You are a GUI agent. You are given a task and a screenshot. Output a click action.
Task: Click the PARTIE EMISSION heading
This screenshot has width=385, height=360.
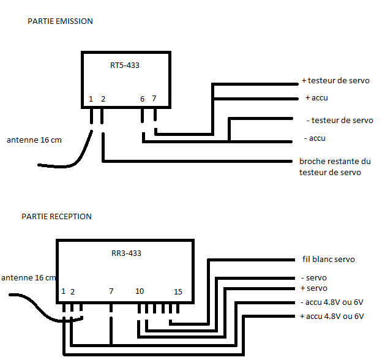pyautogui.click(x=60, y=21)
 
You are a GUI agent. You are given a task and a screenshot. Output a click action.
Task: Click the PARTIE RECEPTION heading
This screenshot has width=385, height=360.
pyautogui.click(x=56, y=216)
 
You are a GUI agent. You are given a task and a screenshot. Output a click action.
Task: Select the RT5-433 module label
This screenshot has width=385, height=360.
pyautogui.click(x=124, y=65)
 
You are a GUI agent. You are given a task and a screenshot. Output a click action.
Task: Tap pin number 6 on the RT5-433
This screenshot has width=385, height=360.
pyautogui.click(x=142, y=99)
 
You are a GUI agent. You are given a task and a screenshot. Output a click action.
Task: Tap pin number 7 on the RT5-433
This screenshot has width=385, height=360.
pyautogui.click(x=154, y=99)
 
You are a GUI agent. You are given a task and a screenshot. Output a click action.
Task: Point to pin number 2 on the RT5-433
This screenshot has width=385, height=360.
pyautogui.click(x=103, y=99)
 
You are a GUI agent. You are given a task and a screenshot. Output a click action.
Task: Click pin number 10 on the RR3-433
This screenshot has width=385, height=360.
pyautogui.click(x=140, y=291)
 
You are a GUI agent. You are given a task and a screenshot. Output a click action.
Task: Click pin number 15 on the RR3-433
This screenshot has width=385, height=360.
pyautogui.click(x=178, y=291)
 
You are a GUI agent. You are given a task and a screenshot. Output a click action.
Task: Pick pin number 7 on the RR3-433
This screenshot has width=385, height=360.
pyautogui.click(x=111, y=291)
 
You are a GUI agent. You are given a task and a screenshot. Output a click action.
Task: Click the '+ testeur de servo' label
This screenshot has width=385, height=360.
pyautogui.click(x=335, y=81)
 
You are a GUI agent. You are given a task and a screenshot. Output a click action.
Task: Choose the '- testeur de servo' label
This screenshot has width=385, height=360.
pyautogui.click(x=339, y=120)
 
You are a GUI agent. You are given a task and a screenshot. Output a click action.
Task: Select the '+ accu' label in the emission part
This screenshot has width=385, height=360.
pyautogui.click(x=316, y=98)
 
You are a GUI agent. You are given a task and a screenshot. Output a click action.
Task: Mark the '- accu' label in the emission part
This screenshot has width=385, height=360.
pyautogui.click(x=315, y=138)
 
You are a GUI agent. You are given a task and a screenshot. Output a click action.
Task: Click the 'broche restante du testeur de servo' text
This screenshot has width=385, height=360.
pyautogui.click(x=335, y=167)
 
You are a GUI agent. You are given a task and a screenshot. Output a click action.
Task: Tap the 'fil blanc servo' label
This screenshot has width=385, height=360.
pyautogui.click(x=328, y=259)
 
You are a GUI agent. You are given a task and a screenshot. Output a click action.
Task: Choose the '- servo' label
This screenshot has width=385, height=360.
pyautogui.click(x=315, y=277)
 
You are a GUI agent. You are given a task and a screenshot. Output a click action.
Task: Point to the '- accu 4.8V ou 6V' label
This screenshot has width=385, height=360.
pyautogui.click(x=333, y=302)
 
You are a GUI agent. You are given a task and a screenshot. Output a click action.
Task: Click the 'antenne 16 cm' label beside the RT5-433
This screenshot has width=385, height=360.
pyautogui.click(x=34, y=140)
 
